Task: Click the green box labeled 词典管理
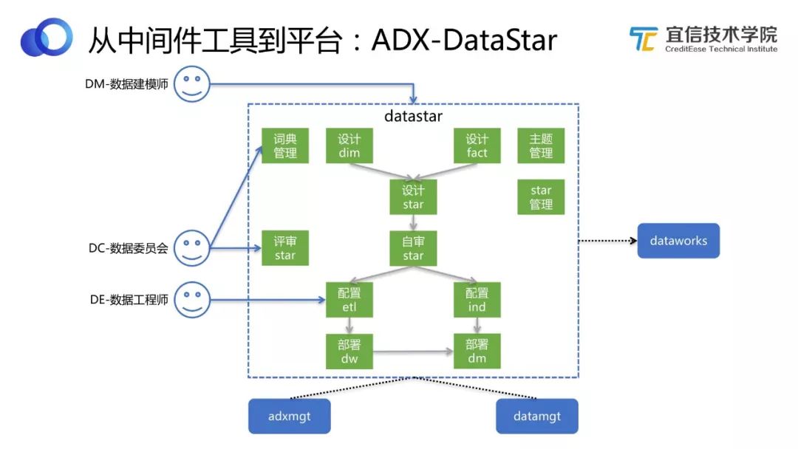pos(285,145)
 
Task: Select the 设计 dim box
pos(349,145)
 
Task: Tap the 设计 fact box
pos(477,145)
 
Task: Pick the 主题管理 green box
pos(541,145)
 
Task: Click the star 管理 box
pos(541,197)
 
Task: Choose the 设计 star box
pos(413,197)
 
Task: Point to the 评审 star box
pos(285,248)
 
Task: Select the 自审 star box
pos(413,248)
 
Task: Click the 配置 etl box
pos(349,300)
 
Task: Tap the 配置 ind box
pos(477,300)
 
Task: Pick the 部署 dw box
pos(349,352)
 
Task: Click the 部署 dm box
pos(477,352)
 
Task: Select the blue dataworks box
pos(678,241)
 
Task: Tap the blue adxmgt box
pos(289,417)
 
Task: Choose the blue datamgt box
pos(537,417)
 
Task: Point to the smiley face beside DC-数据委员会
pos(192,247)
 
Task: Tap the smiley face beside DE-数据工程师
pos(192,299)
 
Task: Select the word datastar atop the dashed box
pos(413,117)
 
